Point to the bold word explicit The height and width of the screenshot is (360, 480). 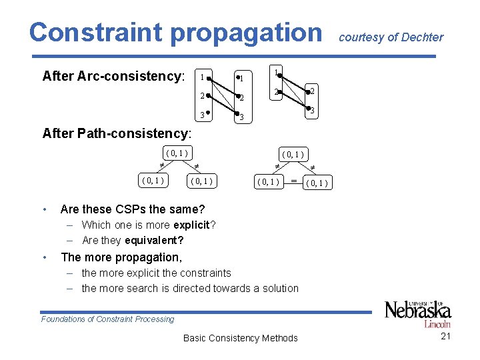pos(190,225)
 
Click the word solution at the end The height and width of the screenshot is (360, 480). pos(280,288)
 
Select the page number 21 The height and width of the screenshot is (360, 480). pos(446,336)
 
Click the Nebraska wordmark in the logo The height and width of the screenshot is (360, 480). pos(418,310)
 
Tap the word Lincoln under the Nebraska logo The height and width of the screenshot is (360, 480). pos(437,324)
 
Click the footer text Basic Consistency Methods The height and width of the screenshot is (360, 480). pos(240,338)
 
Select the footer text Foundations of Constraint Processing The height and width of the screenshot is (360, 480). pos(107,319)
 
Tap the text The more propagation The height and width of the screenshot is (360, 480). pos(121,257)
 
